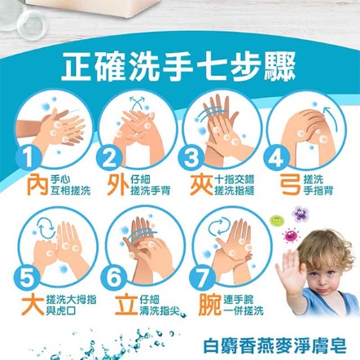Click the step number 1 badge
click(28, 158)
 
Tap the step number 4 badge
click(276, 158)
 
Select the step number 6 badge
click(113, 277)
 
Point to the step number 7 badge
click(202, 277)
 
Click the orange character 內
click(38, 185)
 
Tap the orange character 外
click(118, 185)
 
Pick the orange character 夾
click(201, 185)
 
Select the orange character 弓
click(291, 185)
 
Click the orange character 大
click(33, 305)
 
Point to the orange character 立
click(126, 305)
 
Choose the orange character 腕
click(209, 305)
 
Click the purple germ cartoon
click(300, 213)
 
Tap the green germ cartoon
click(277, 220)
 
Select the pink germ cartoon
click(291, 235)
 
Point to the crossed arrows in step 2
click(137, 103)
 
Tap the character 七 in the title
click(209, 67)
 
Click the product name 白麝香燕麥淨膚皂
click(274, 346)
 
